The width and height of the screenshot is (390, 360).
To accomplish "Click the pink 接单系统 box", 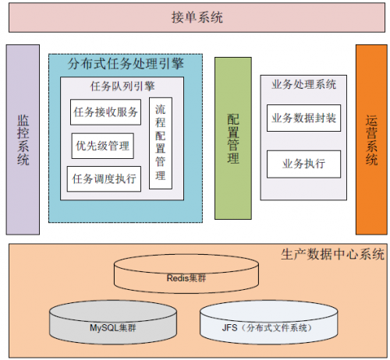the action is (x=197, y=17).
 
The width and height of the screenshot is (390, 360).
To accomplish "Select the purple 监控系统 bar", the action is (x=23, y=139).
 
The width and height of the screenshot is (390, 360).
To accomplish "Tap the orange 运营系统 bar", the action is (x=371, y=139).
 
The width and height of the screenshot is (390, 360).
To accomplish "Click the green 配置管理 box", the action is (x=233, y=138).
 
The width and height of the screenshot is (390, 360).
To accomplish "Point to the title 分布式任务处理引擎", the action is (x=126, y=64).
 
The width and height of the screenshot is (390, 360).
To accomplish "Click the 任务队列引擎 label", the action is (x=122, y=86).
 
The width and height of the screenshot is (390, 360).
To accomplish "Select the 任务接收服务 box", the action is (x=105, y=112).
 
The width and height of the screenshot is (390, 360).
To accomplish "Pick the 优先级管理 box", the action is (x=103, y=146).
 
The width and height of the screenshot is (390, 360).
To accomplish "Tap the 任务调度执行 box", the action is (x=104, y=179).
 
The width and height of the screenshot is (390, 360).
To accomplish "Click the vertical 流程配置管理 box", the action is (x=161, y=143).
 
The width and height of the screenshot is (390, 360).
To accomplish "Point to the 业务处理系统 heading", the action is (x=303, y=84).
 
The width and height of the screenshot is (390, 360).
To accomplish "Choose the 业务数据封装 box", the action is (x=303, y=118).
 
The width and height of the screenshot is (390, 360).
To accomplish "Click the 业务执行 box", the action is (x=303, y=164).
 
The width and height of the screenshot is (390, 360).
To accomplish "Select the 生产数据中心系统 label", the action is (x=332, y=254).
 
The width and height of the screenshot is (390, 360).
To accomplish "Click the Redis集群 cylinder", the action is (x=186, y=274).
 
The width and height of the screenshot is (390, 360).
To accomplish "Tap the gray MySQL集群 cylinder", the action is (x=113, y=323).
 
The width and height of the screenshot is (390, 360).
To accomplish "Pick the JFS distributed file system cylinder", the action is (x=268, y=323).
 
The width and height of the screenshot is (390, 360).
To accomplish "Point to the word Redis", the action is (x=178, y=278).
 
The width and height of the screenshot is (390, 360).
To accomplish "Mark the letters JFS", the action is (x=229, y=328).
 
